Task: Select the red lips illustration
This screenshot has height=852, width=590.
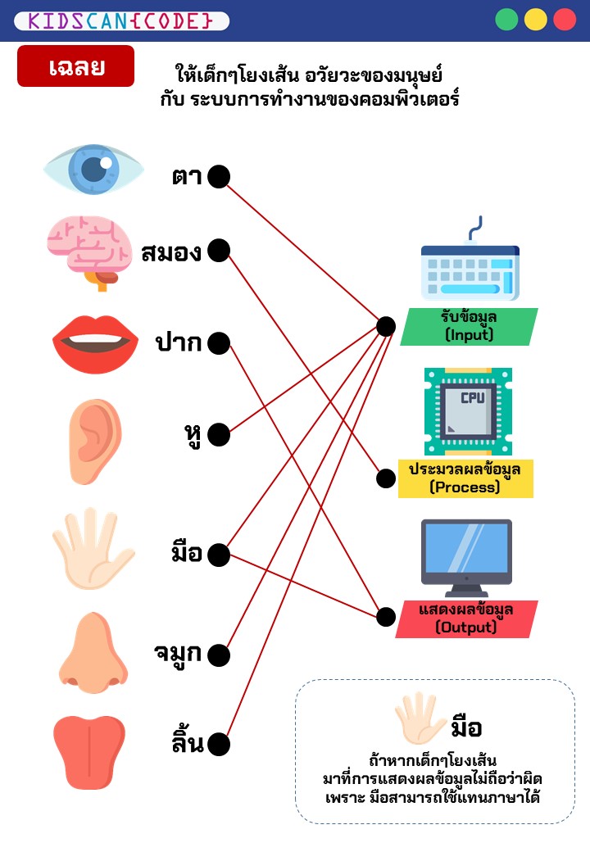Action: pyautogui.click(x=95, y=343)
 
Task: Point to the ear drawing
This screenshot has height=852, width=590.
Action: pyautogui.click(x=95, y=434)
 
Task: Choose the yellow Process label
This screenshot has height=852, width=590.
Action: pyautogui.click(x=465, y=478)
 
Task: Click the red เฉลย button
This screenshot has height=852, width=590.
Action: pyautogui.click(x=75, y=66)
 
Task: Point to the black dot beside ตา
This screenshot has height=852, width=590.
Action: pyautogui.click(x=219, y=176)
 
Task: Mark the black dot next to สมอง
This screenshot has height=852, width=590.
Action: pyautogui.click(x=219, y=251)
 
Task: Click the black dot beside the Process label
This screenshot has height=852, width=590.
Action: pyautogui.click(x=386, y=478)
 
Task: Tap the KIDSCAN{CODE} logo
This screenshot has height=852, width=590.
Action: pyautogui.click(x=121, y=20)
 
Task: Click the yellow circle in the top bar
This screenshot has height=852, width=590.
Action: pyautogui.click(x=536, y=20)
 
